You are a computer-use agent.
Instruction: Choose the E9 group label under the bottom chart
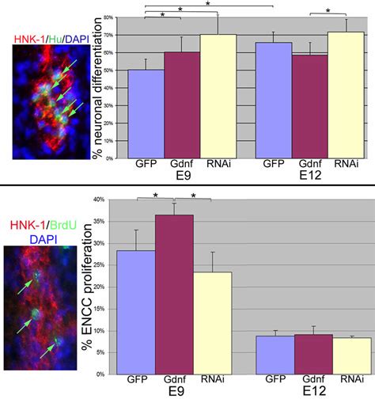point(182,391)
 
